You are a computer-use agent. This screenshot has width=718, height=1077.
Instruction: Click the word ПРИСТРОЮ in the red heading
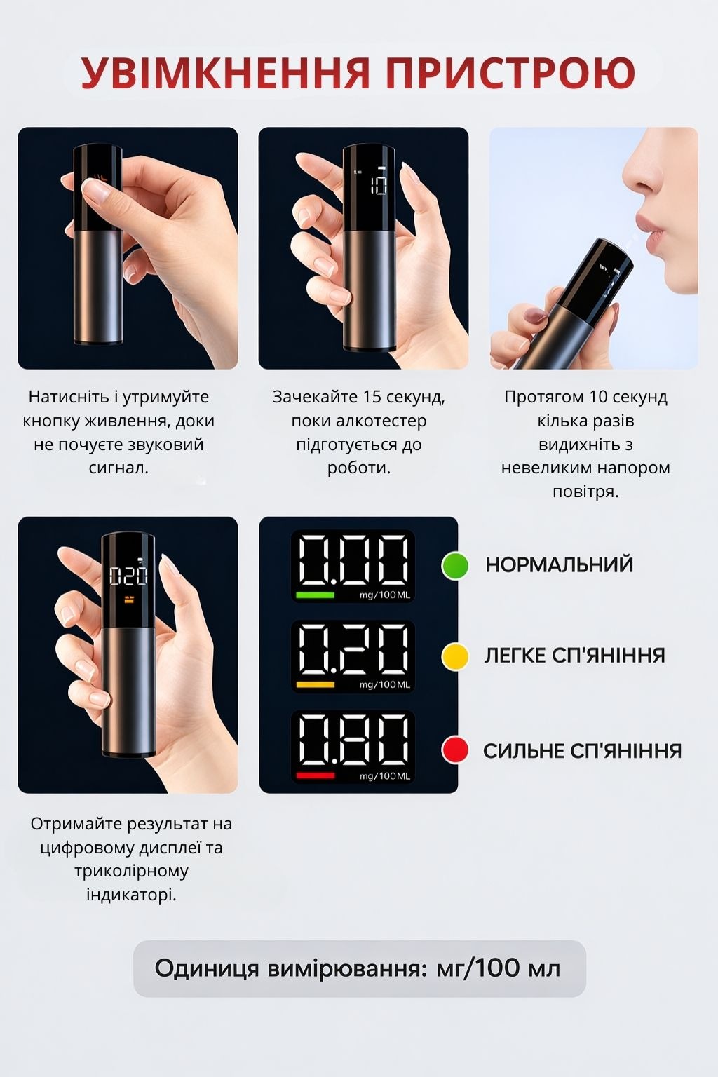(x=510, y=73)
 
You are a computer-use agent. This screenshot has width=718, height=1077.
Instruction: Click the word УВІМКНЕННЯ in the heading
(x=226, y=73)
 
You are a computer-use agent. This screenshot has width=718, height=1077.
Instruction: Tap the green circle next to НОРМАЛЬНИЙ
(x=455, y=566)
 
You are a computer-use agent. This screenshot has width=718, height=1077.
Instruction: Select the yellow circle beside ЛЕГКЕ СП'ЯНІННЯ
(x=455, y=656)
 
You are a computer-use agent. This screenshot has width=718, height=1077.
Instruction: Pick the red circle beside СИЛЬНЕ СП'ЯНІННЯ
(x=455, y=749)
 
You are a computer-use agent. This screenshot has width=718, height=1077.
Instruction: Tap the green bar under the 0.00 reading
(x=315, y=595)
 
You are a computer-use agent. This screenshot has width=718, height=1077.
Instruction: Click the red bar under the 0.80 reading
(x=315, y=775)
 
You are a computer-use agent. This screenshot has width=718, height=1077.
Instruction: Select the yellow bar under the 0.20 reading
(x=315, y=685)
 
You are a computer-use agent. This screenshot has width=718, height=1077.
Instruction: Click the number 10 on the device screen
(x=379, y=184)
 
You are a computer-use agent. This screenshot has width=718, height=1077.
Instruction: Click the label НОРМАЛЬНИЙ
(x=560, y=565)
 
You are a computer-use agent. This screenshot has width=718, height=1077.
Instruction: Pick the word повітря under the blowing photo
(x=585, y=492)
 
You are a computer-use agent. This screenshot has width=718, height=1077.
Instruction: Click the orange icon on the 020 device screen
(x=129, y=599)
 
